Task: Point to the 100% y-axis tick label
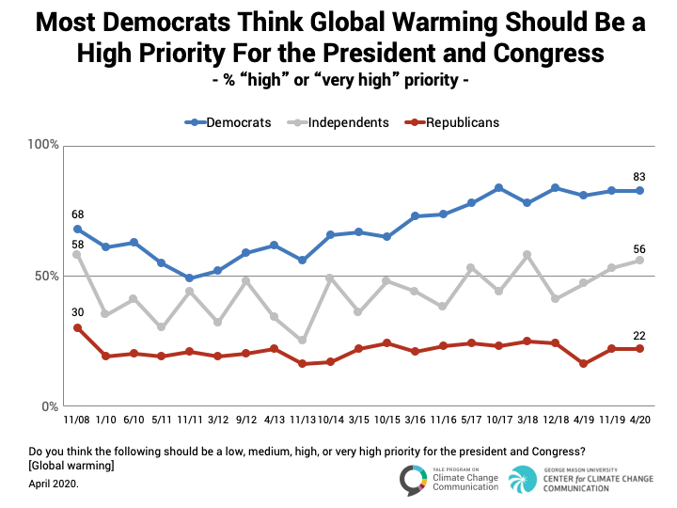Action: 43,145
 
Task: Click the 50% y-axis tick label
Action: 47,277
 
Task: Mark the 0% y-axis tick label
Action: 51,407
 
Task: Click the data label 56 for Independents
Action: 640,248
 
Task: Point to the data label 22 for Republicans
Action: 640,334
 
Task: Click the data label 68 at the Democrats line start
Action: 77,214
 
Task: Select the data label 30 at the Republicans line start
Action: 77,313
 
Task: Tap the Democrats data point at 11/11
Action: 189,278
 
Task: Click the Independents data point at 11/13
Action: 302,341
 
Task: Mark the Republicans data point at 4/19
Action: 583,364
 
